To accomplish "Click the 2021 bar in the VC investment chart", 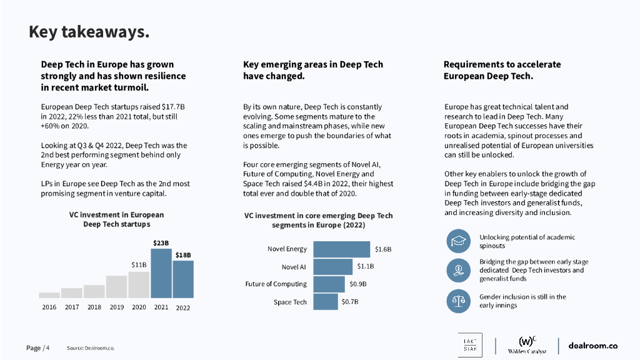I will click(x=161, y=273).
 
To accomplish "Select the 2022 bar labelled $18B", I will click(x=183, y=279).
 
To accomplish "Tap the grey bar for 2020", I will click(x=139, y=284).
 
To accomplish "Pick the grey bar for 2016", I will click(x=49, y=295).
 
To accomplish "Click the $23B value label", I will click(x=161, y=242).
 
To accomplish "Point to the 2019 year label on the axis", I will click(x=116, y=307).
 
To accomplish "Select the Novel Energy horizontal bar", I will click(x=342, y=249).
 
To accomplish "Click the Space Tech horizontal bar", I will click(x=326, y=302).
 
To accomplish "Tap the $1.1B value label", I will click(x=366, y=266).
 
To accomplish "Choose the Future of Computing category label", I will click(x=276, y=284).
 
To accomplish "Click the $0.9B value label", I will click(x=358, y=284).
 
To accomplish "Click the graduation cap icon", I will click(x=458, y=241).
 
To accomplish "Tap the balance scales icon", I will click(x=458, y=301).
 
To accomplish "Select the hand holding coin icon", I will click(x=458, y=271).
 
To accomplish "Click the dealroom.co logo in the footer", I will click(x=592, y=346).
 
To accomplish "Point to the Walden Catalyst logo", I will click(x=527, y=346).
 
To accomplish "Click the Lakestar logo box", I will click(x=470, y=346).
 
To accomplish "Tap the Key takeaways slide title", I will click(x=89, y=32).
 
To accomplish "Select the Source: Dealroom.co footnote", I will click(x=91, y=347).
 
